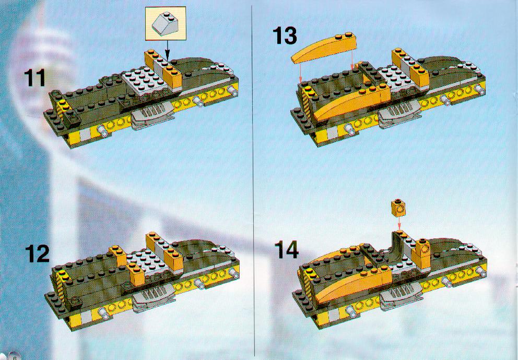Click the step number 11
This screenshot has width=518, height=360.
pyautogui.click(x=34, y=78)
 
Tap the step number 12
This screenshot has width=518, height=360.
pyautogui.click(x=37, y=254)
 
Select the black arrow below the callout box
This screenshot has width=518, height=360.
pyautogui.click(x=167, y=50)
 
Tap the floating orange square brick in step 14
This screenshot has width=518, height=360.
pyautogui.click(x=398, y=208)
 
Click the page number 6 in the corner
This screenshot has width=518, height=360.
pyautogui.click(x=15, y=356)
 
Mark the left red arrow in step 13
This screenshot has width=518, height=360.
pyautogui.click(x=301, y=73)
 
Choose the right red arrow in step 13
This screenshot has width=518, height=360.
pyautogui.click(x=353, y=59)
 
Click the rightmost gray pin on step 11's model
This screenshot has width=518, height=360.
pyautogui.click(x=231, y=90)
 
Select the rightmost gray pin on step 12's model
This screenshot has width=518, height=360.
pyautogui.click(x=233, y=272)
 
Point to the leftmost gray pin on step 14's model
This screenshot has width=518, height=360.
pyautogui.click(x=351, y=310)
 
